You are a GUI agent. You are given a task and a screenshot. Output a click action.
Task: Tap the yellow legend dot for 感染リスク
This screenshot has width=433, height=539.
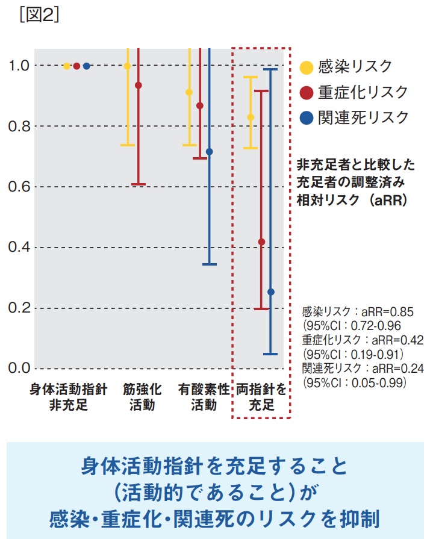point(307,67)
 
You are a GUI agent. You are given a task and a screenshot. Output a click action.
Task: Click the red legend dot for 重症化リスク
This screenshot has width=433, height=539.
point(307,92)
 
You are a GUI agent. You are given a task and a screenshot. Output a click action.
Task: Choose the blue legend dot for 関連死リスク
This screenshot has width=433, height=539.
point(307,118)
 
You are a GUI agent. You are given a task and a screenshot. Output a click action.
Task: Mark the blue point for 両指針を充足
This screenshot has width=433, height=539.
point(271,292)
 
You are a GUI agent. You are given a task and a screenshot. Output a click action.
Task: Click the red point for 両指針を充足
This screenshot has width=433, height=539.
point(261,242)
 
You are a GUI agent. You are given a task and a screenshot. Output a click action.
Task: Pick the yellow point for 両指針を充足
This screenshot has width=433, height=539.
point(251,117)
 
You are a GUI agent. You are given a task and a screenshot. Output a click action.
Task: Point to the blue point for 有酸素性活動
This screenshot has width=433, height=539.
point(210,152)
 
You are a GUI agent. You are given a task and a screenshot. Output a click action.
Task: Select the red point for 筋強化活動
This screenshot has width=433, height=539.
point(139,86)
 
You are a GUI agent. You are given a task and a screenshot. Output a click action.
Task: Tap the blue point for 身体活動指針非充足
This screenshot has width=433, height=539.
point(86,66)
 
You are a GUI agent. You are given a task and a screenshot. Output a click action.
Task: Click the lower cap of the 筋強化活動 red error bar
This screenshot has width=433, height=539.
point(139,184)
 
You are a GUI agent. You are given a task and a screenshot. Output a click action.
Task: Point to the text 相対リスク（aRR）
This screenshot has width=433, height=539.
point(352,200)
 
